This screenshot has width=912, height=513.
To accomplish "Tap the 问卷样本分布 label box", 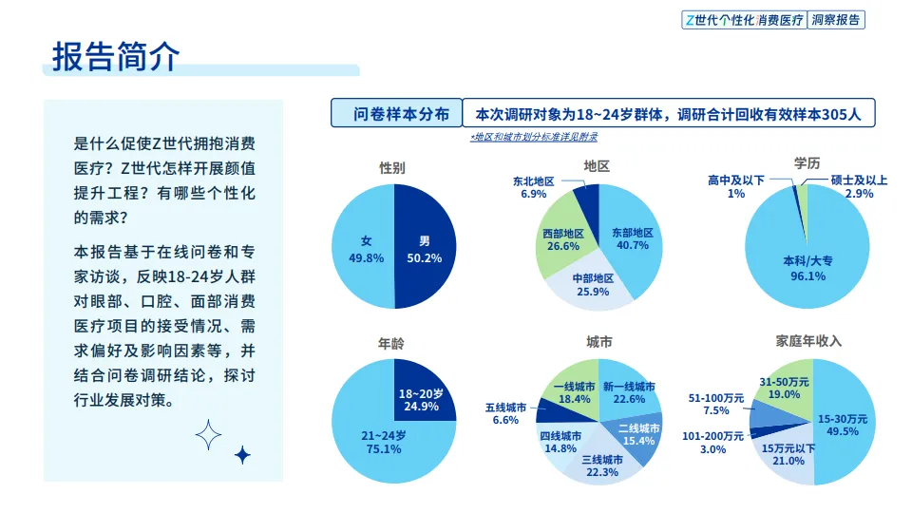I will pos(396,114).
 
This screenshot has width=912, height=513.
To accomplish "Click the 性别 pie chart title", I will pos(392,167).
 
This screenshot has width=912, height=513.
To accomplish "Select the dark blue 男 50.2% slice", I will pos(424,249).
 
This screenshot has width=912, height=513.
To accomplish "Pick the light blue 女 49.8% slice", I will pos(365,249).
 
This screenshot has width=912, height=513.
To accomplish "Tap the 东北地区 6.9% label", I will pos(533,187).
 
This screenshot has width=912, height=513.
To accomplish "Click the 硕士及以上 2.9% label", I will pos(858,186).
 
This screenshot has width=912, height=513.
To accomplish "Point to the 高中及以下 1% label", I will pos(735,186).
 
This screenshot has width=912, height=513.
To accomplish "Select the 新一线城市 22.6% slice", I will pos(628,392).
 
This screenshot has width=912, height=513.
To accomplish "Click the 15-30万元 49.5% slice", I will pos(842,424).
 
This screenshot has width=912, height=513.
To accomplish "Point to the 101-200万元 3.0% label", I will pos(712,443).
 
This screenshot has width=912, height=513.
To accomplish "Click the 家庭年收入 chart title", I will pos(808,340).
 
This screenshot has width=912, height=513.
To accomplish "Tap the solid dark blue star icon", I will pos(242,455).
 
